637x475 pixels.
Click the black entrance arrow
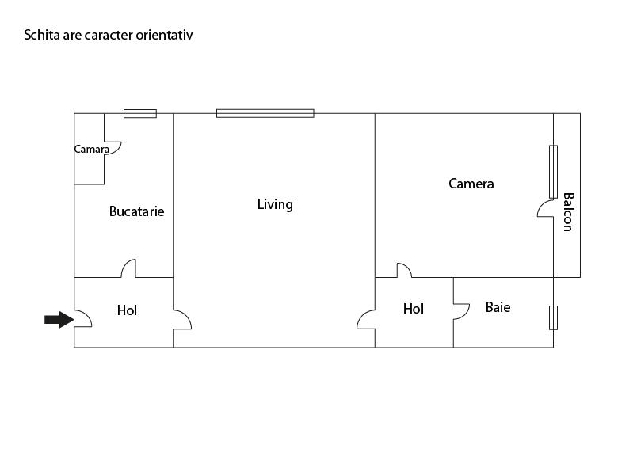click(59, 320)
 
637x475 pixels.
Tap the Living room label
click(275, 204)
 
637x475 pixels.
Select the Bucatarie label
click(136, 211)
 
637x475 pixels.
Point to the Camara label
click(91, 150)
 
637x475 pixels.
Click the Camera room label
click(471, 184)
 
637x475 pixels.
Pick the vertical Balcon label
click(568, 212)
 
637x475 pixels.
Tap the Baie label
click(498, 307)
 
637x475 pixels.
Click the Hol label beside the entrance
click(127, 310)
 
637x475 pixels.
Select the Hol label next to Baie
click(414, 309)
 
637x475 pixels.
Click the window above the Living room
click(265, 113)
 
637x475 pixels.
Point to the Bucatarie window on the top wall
click(140, 114)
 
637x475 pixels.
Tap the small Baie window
click(553, 318)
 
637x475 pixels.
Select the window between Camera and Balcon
click(553, 172)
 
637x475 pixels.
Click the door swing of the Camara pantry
click(113, 148)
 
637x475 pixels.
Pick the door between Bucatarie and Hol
click(128, 268)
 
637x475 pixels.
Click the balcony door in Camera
click(545, 209)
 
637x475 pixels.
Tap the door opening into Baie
click(461, 311)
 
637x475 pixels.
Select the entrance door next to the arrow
click(83, 318)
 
